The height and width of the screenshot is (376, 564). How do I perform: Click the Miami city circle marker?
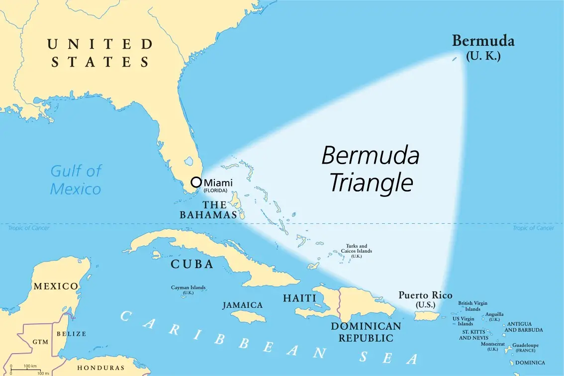click(196, 182)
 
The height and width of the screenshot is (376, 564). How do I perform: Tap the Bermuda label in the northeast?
click(483, 41)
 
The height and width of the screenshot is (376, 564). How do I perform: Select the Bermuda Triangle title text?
click(371, 169)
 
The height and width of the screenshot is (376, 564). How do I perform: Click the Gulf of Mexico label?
click(76, 180)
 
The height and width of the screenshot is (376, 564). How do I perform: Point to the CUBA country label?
click(192, 264)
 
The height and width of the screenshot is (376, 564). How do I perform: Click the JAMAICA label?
click(243, 305)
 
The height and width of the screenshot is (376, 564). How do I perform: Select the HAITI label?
click(299, 298)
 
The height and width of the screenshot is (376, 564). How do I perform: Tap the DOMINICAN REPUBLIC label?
click(366, 332)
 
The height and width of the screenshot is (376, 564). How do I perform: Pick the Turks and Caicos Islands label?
click(356, 251)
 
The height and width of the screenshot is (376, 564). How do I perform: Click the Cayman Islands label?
click(188, 289)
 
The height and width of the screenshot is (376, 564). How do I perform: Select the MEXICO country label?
click(56, 286)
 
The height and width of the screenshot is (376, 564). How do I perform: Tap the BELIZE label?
click(71, 334)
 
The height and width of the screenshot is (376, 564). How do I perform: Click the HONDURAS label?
click(100, 368)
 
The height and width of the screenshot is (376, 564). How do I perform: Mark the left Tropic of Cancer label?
click(28, 228)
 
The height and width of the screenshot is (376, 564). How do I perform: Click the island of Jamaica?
click(249, 316)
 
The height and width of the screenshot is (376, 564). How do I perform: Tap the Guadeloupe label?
click(525, 345)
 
